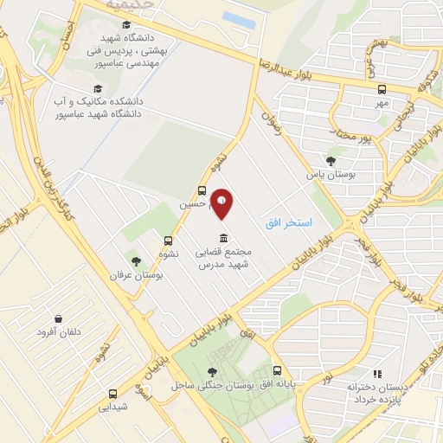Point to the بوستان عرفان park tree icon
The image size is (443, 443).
point(136,260)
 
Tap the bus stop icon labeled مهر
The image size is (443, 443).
point(382,88)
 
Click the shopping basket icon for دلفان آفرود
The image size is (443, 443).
point(58,318)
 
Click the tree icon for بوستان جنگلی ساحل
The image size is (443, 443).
point(213,371)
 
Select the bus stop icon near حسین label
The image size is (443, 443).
point(202,191)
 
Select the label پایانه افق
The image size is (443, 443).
point(276,383)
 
